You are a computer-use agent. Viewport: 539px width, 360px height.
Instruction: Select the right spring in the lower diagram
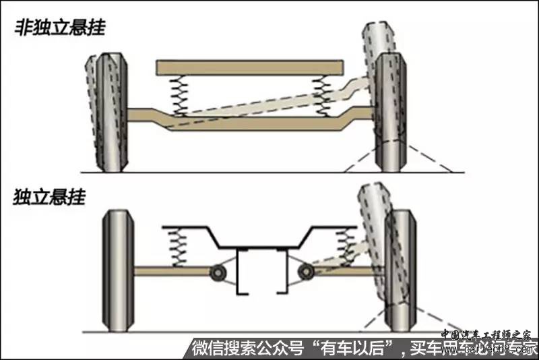(x=349, y=247)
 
